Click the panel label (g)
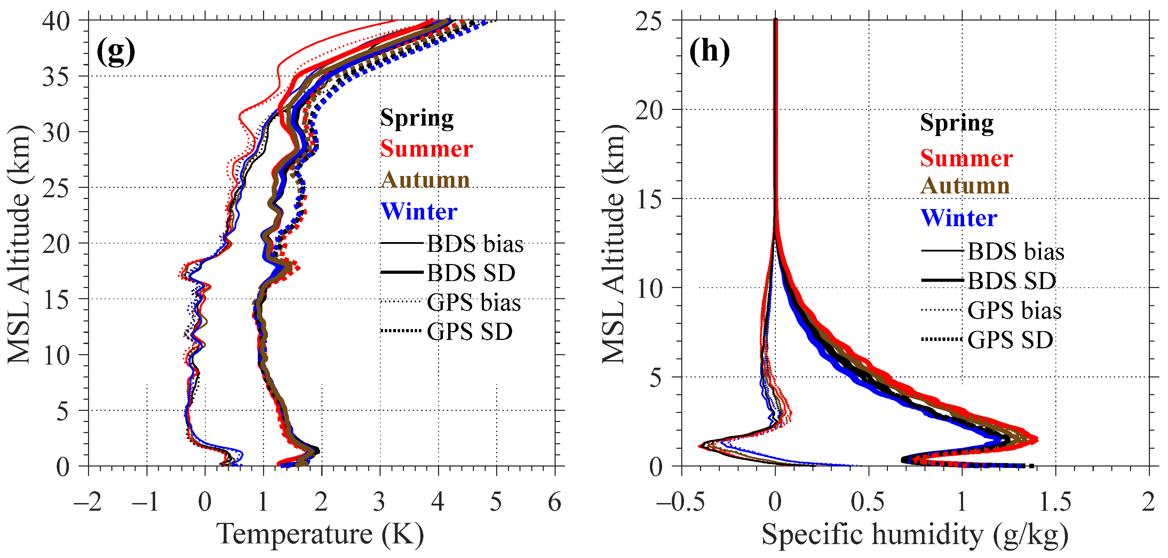coord(116,52)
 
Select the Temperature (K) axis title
coord(320,534)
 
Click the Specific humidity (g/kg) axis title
coord(915,534)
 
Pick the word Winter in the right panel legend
coord(959,218)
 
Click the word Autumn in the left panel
coord(425,180)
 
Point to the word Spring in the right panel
coord(957,123)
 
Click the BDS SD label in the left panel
coord(471,273)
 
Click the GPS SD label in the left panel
coord(470,332)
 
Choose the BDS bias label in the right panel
coord(1016,252)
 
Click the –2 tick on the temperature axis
coord(88,502)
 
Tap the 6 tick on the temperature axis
coord(554,502)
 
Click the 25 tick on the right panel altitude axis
coord(649,21)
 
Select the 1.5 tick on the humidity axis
coord(1055,502)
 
